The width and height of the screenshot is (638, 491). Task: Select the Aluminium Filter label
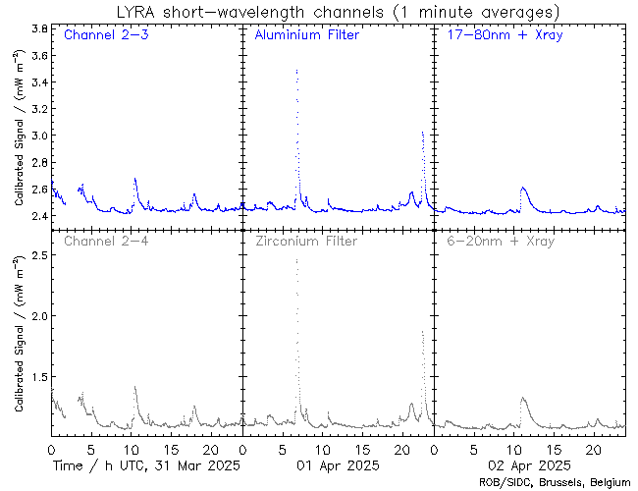click(x=306, y=36)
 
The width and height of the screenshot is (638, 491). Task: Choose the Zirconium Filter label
click(x=306, y=241)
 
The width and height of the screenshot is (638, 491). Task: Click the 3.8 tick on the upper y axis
click(x=39, y=29)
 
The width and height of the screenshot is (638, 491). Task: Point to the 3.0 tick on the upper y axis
click(x=39, y=135)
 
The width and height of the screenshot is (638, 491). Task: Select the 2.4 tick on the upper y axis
click(x=39, y=215)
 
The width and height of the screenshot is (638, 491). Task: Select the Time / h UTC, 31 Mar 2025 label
click(x=145, y=464)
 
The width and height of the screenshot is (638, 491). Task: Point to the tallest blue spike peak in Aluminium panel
click(x=296, y=71)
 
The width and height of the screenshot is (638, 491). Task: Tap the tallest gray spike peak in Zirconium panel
click(x=296, y=260)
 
